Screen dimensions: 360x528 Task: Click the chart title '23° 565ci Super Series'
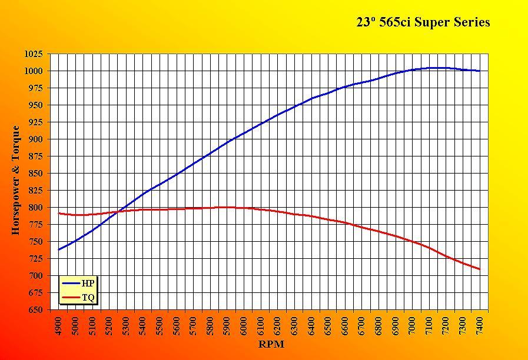click(423, 22)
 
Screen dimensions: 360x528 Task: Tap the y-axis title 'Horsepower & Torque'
click(16, 181)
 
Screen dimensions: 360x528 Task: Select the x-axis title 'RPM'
click(271, 344)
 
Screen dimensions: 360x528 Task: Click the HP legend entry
click(87, 283)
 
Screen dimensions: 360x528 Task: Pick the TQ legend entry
click(88, 298)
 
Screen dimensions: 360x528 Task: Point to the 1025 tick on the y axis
click(33, 54)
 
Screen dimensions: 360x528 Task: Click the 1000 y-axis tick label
click(33, 71)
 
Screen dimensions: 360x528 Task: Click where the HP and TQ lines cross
click(118, 212)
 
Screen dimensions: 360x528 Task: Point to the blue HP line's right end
click(480, 71)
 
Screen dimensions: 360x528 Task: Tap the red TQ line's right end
click(480, 269)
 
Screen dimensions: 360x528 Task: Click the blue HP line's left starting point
click(59, 249)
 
